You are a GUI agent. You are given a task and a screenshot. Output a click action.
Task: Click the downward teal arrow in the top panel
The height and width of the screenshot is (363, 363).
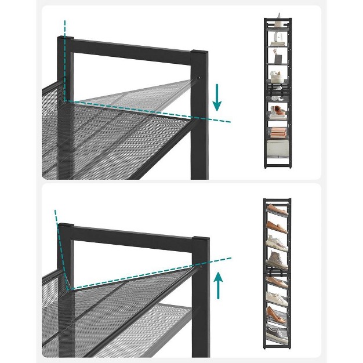coord(217,97)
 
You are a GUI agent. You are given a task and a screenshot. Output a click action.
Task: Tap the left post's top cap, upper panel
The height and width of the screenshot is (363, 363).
coord(64,39)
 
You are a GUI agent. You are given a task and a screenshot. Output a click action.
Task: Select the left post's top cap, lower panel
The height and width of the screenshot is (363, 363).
coord(66,225)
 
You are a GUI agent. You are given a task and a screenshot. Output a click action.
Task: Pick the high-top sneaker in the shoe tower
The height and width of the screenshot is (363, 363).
coord(277,259)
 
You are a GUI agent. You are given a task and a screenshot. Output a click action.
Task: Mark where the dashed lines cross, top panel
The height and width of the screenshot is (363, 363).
coord(66,101)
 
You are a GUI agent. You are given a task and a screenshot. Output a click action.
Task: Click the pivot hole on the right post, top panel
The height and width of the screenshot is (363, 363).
coord(199,77)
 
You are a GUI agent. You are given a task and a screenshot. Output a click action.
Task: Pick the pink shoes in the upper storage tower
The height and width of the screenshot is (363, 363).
coord(277,110)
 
